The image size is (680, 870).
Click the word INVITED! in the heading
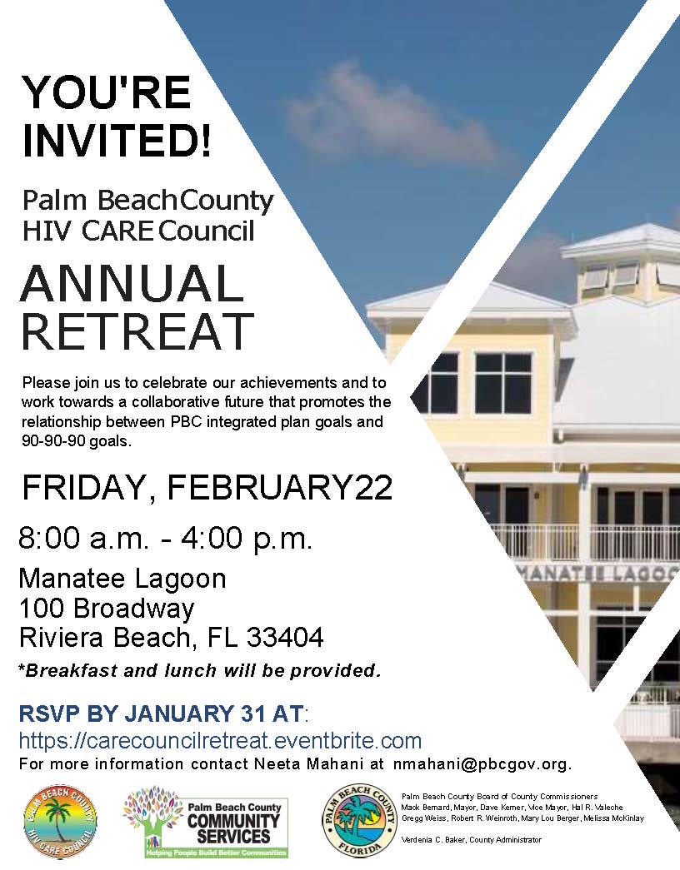[117, 139]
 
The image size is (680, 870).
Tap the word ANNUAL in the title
[132, 284]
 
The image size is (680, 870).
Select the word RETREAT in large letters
[137, 331]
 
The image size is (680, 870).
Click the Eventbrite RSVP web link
[220, 741]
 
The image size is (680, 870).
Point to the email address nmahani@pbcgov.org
[482, 763]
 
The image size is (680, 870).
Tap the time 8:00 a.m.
[82, 539]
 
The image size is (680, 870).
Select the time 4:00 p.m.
[255, 539]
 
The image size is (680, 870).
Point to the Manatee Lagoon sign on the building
[600, 574]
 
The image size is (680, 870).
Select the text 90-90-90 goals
[77, 441]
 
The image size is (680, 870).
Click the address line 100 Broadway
[107, 609]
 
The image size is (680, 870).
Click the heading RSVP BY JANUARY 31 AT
[162, 714]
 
